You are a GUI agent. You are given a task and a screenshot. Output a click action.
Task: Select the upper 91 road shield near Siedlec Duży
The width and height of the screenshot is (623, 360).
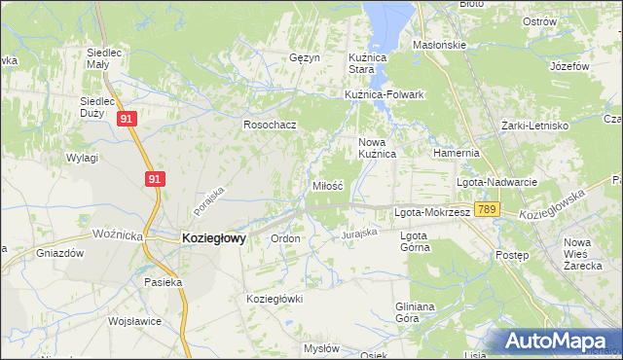pos(127,118)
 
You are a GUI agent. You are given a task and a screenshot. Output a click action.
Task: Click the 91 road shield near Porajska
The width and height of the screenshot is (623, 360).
pos(154,179)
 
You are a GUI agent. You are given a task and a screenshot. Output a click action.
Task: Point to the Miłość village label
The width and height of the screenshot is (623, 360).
pos(327,185)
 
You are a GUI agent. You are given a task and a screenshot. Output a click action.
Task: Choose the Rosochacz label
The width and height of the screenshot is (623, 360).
pos(270,125)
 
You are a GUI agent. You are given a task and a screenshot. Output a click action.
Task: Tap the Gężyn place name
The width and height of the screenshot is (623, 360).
pos(305,57)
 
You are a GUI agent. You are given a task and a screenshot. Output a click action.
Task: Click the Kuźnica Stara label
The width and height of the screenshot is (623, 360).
pos(369,64)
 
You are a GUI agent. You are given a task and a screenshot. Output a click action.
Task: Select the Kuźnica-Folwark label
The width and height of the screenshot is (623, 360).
pos(385,94)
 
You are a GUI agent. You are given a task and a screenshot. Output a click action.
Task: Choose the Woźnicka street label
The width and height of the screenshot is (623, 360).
pos(119,235)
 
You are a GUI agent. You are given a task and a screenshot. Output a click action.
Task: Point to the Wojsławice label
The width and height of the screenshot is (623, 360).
pos(134,318)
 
